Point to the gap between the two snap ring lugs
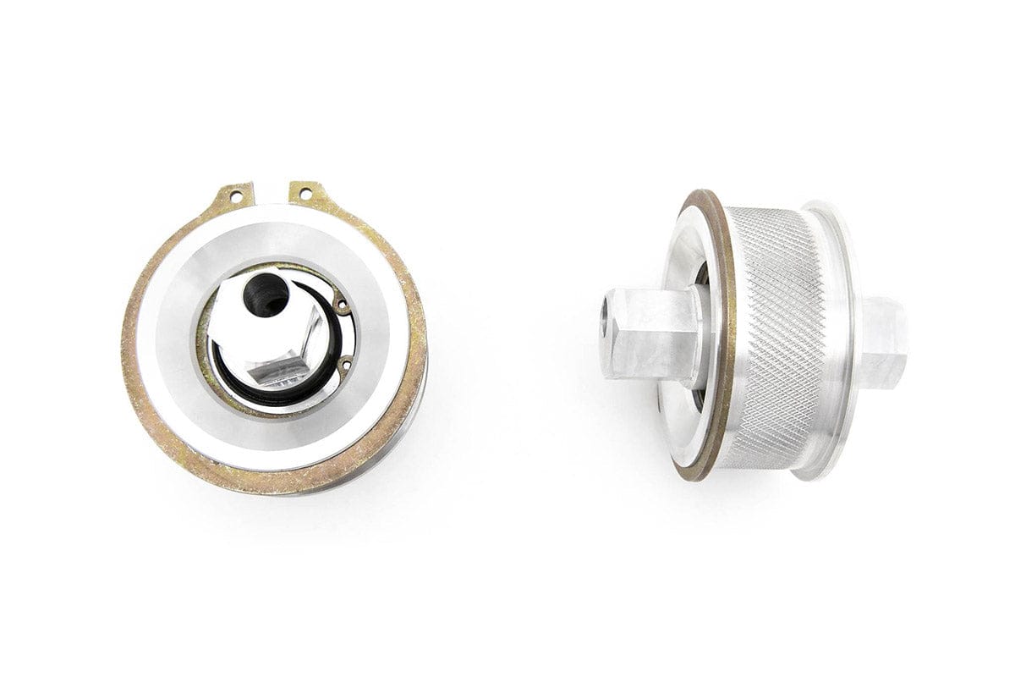[x=271, y=193]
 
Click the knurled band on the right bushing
[x=774, y=338]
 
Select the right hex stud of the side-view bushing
[x=884, y=343]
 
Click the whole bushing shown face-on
[x=275, y=338]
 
